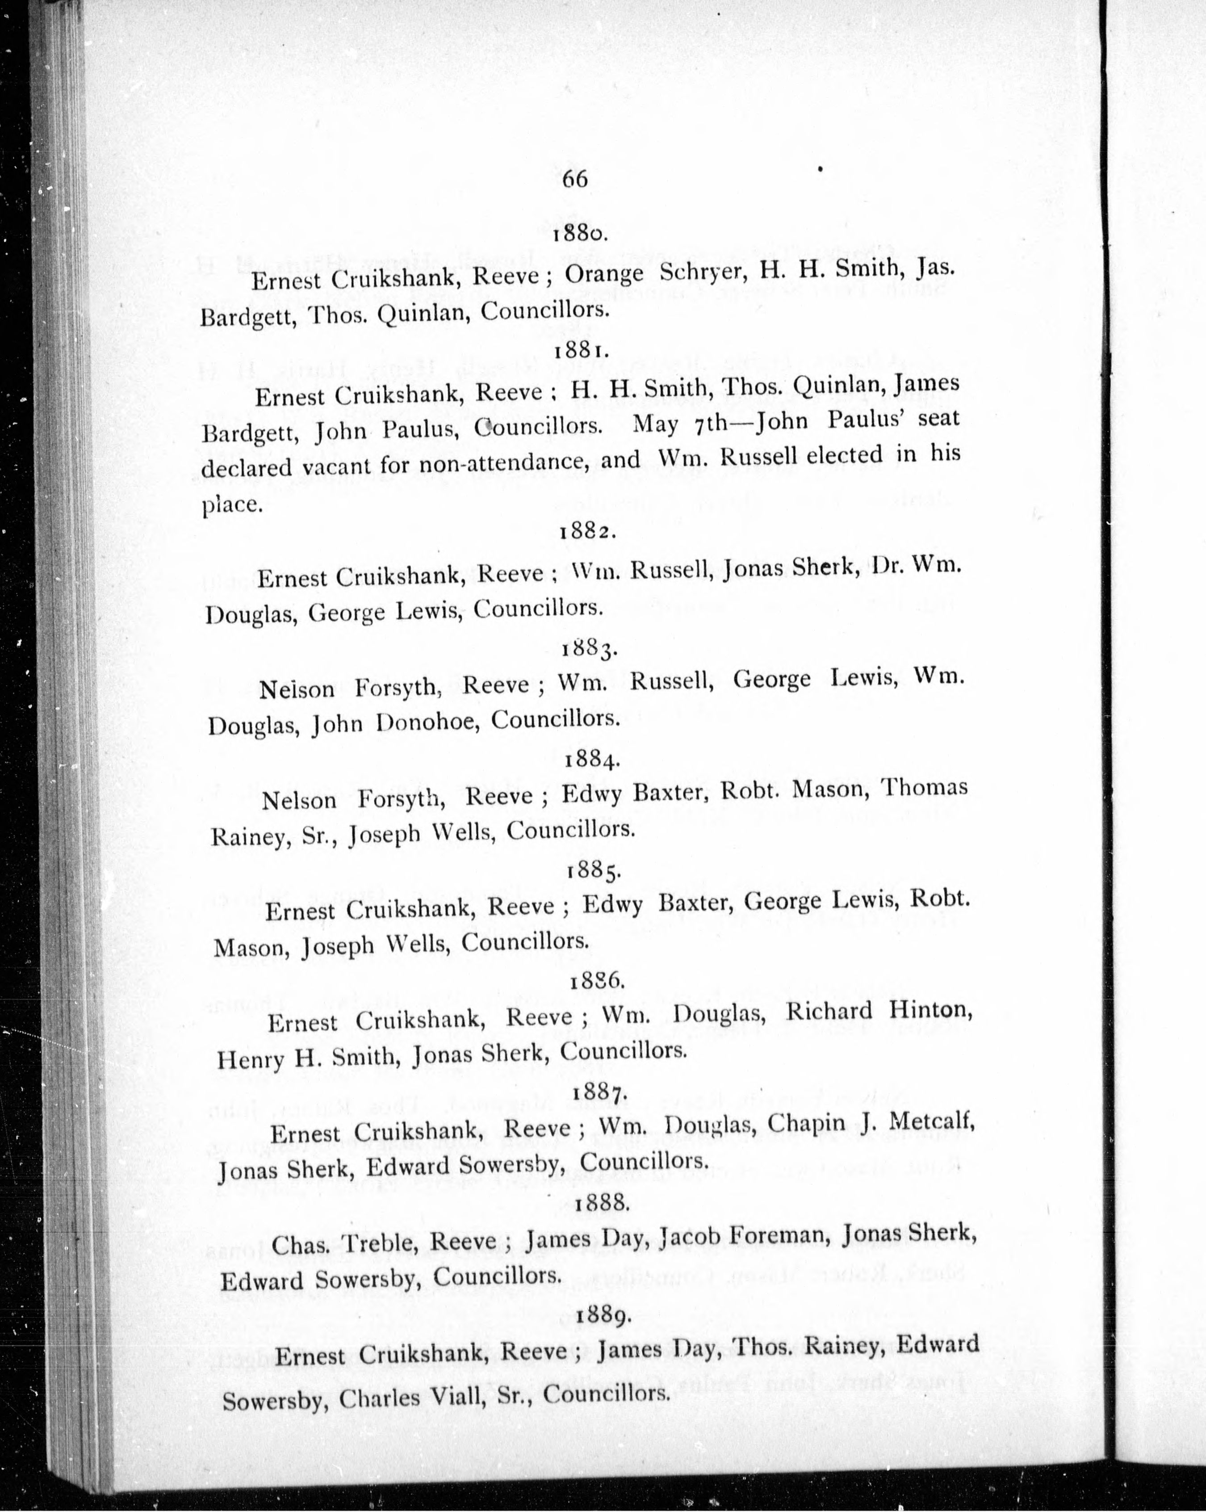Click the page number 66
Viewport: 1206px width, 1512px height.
pyautogui.click(x=574, y=180)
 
